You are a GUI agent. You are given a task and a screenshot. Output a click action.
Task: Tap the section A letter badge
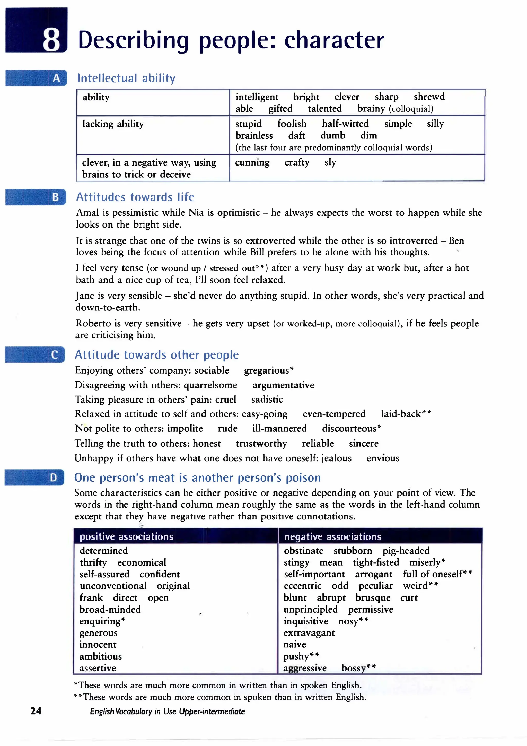56,78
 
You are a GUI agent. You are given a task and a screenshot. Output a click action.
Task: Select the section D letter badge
53,477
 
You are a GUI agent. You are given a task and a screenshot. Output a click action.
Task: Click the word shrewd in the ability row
429,97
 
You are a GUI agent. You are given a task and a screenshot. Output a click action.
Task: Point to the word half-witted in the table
345,124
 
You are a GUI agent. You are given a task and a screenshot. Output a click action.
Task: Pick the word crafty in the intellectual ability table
297,162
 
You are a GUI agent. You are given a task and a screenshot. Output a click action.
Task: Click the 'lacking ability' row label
113,124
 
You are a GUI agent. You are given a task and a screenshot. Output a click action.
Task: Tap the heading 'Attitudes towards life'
135,197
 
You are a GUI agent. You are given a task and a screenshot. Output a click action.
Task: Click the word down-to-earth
108,307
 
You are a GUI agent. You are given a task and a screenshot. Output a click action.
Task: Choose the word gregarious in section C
268,370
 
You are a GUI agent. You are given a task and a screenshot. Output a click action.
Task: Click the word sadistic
267,399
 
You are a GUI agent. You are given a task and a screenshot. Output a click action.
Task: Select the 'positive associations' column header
126,536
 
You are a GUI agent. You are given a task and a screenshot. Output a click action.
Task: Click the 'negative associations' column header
332,536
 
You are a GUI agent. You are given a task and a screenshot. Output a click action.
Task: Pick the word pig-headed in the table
406,550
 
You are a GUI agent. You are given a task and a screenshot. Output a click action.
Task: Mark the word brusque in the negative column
373,597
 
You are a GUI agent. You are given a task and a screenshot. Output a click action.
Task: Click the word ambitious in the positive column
101,656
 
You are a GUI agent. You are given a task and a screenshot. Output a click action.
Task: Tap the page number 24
36,711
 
